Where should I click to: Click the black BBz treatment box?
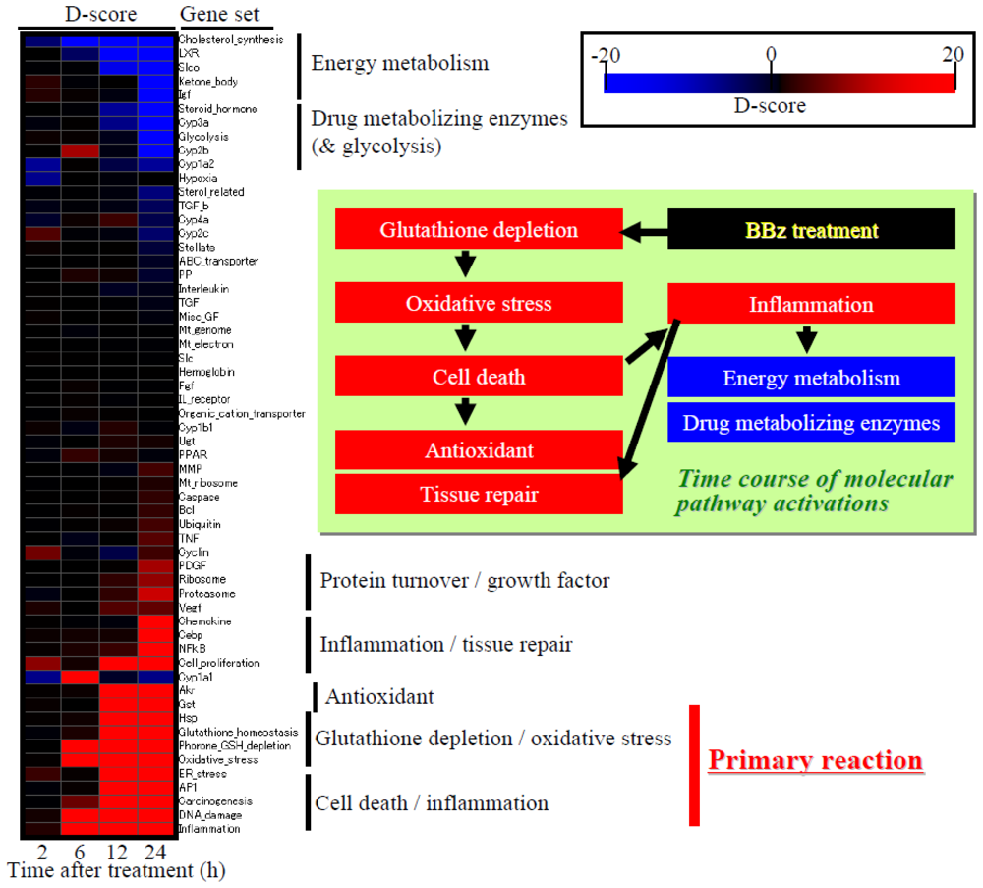click(x=811, y=230)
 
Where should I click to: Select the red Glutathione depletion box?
click(x=479, y=230)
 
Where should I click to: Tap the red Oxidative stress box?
click(x=479, y=304)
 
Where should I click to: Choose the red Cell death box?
click(x=479, y=377)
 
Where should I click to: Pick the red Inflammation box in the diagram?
click(x=811, y=304)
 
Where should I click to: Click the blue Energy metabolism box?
click(x=811, y=378)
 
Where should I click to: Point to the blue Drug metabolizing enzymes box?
click(x=811, y=423)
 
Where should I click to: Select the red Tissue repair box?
click(x=479, y=494)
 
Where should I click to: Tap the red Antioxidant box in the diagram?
click(x=479, y=450)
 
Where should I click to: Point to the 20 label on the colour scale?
click(x=952, y=57)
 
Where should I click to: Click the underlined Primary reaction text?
click(x=815, y=760)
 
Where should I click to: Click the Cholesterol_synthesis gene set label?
click(x=231, y=40)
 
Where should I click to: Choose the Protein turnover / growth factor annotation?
click(x=465, y=580)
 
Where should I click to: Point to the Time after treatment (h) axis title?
click(x=117, y=870)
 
